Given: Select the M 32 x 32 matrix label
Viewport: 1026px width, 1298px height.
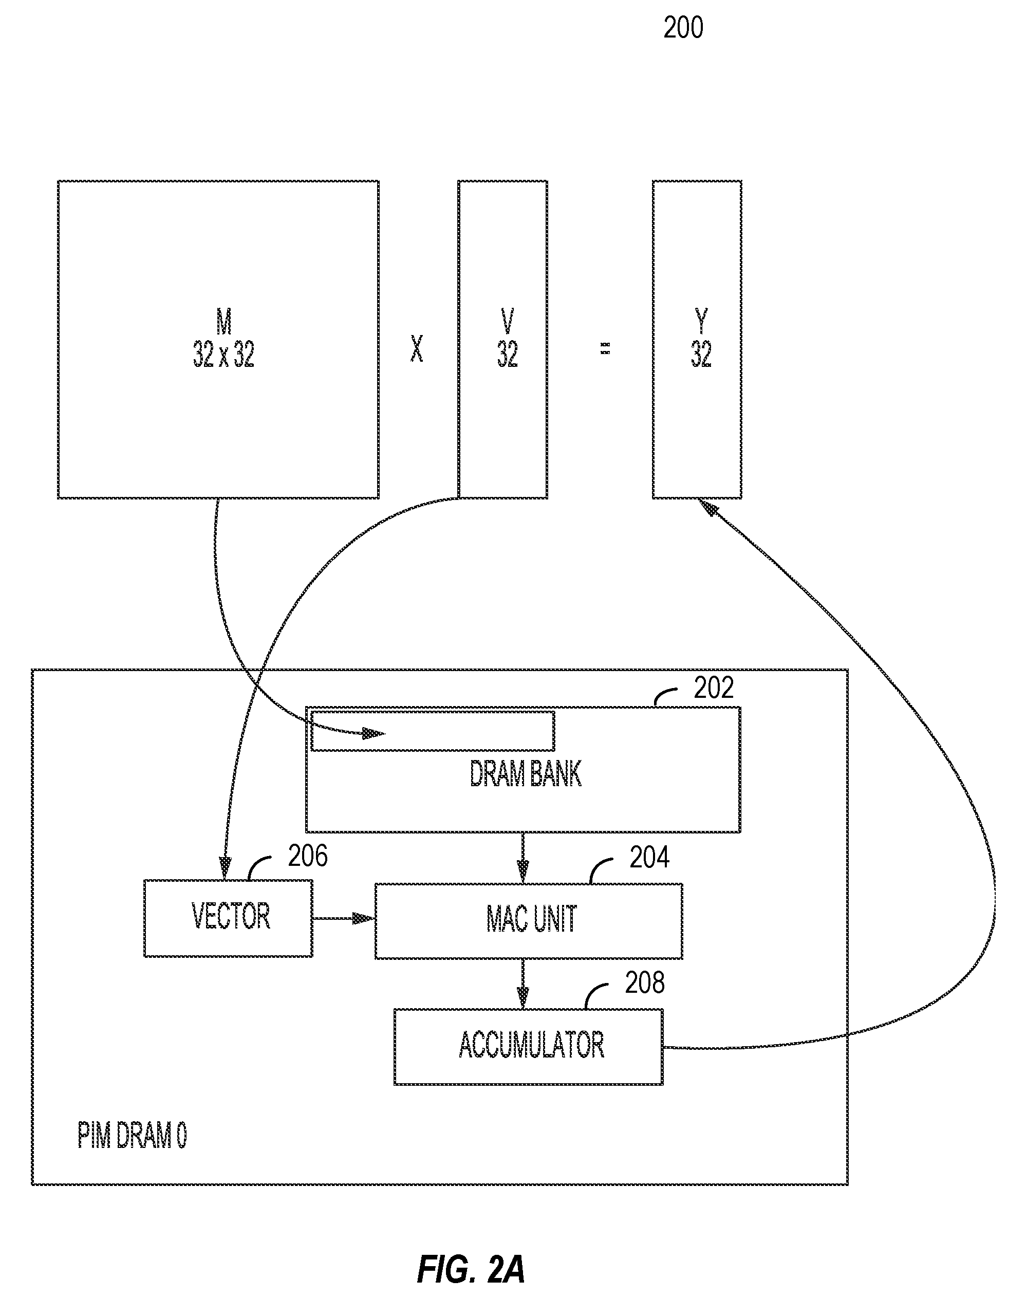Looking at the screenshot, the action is pyautogui.click(x=223, y=338).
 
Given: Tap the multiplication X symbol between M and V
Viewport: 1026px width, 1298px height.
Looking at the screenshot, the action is pyautogui.click(x=416, y=348).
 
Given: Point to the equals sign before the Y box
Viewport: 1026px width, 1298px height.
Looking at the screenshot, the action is pyautogui.click(x=606, y=348).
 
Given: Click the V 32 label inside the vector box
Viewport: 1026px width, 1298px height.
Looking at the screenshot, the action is pyautogui.click(x=508, y=338).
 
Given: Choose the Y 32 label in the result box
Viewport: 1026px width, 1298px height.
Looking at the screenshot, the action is pyautogui.click(x=701, y=338).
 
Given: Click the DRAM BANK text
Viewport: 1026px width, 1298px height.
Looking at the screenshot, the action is pyautogui.click(x=526, y=774).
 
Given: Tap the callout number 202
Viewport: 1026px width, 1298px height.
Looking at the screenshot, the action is pyautogui.click(x=714, y=688).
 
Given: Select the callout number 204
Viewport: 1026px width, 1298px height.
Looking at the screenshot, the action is pyautogui.click(x=649, y=858).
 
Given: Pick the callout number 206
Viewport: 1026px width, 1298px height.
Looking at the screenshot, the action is pyautogui.click(x=308, y=856).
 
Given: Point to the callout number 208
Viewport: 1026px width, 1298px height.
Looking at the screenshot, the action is pyautogui.click(x=645, y=982).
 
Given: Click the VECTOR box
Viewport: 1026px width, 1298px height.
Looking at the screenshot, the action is pyautogui.click(x=228, y=918).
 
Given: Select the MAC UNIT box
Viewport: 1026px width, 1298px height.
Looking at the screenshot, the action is pyautogui.click(x=529, y=921).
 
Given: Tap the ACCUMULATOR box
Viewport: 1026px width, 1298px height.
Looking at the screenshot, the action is pyautogui.click(x=529, y=1047).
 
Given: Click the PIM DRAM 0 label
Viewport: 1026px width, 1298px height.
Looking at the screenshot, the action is pyautogui.click(x=132, y=1136).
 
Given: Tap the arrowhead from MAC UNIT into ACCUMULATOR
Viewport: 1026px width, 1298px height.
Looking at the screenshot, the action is pyautogui.click(x=523, y=998).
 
